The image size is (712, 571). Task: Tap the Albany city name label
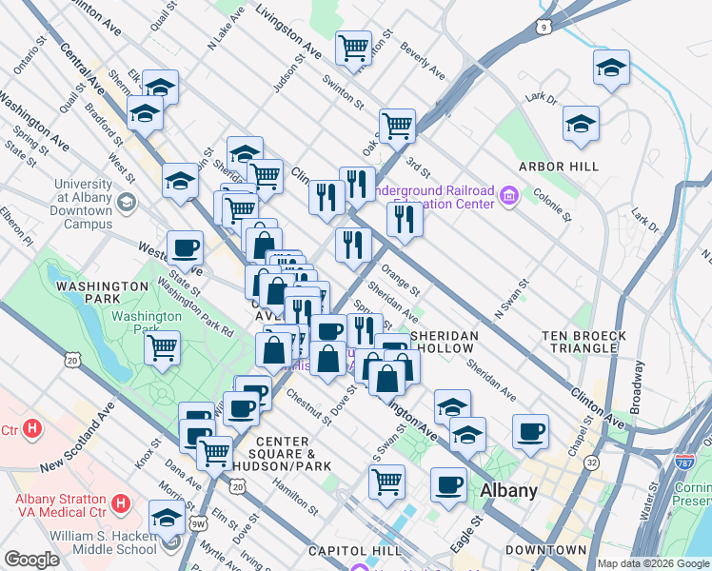click(509, 491)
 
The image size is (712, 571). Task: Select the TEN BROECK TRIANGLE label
click(583, 343)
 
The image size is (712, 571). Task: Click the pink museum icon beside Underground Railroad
click(509, 198)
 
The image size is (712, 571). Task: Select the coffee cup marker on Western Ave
click(185, 247)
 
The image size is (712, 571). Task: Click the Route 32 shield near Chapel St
click(592, 463)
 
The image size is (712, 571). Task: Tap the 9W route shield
click(198, 522)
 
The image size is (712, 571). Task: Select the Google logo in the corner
click(31, 560)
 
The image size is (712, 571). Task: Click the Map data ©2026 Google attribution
click(653, 563)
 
